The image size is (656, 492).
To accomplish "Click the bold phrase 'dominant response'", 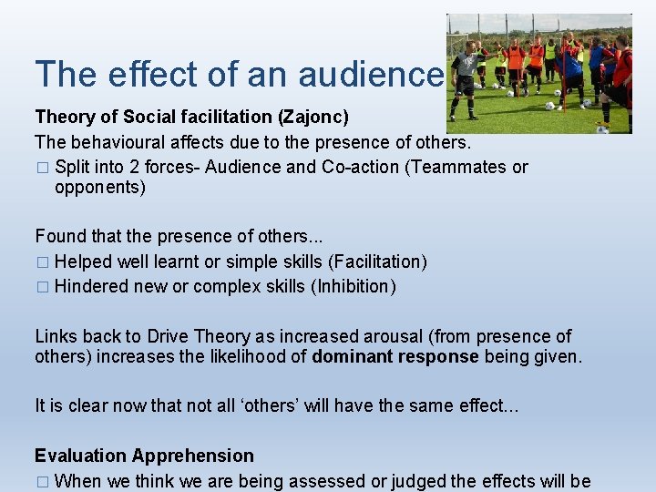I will pyautogui.click(x=395, y=356).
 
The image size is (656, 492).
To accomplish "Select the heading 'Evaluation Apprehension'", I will pyautogui.click(x=144, y=456).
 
